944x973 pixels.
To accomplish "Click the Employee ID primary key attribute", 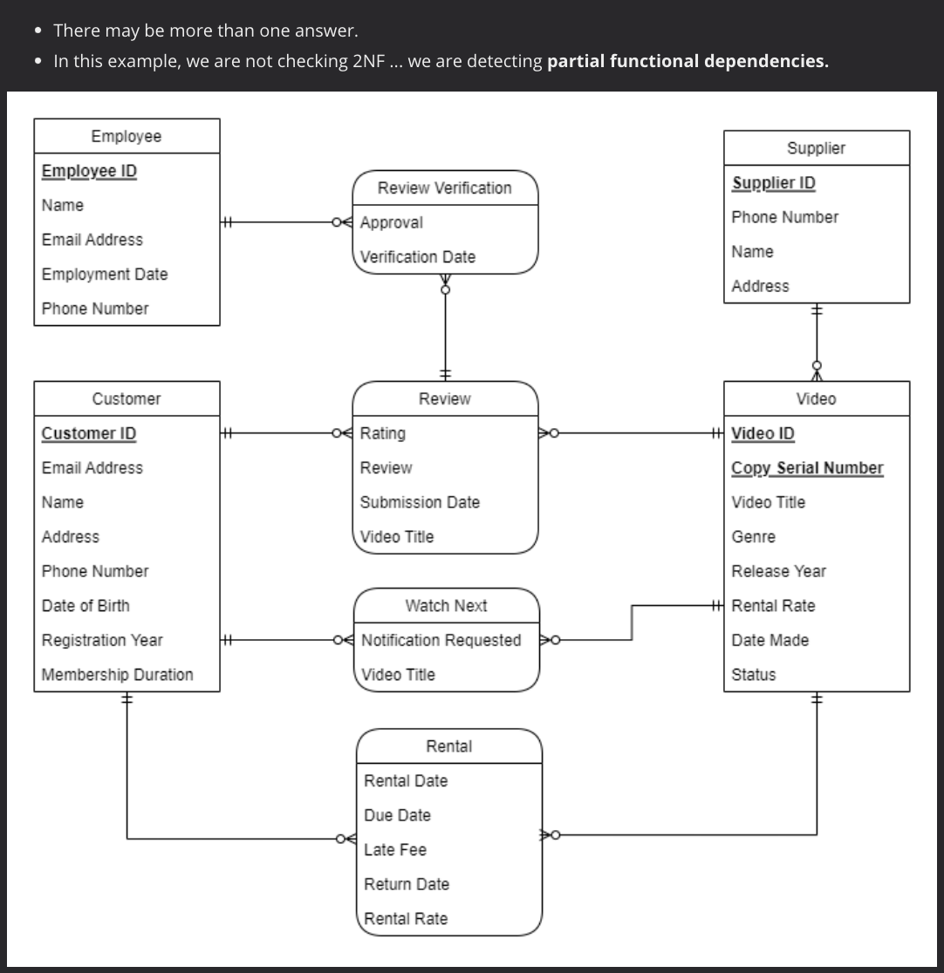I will pos(89,171).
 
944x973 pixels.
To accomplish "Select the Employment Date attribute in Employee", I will pos(105,274).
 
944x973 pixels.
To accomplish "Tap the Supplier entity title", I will pos(816,148).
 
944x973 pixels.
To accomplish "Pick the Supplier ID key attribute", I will pos(773,182).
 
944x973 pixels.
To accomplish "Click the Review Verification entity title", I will pos(444,188).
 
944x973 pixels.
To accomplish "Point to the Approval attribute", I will pos(392,222).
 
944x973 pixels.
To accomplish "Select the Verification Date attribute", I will pos(418,257).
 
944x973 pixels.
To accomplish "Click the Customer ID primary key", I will pos(89,433).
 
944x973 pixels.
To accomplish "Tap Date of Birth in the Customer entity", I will pos(86,605).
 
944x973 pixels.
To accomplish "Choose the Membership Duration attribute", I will pos(118,674).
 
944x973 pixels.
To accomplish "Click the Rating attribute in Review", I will pos(383,433).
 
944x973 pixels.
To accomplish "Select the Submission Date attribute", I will pos(420,502).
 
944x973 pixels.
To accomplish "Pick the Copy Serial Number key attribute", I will pos(807,468).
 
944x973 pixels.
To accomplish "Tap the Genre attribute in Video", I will pos(753,537).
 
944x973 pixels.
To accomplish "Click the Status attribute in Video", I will pos(753,674).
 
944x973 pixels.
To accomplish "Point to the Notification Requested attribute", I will pos(441,640).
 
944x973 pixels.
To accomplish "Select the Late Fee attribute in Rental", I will pos(395,849).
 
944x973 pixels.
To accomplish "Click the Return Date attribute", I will pos(407,884).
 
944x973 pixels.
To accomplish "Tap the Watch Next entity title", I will pos(446,606).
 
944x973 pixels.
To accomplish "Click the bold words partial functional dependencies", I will pos(687,61).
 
